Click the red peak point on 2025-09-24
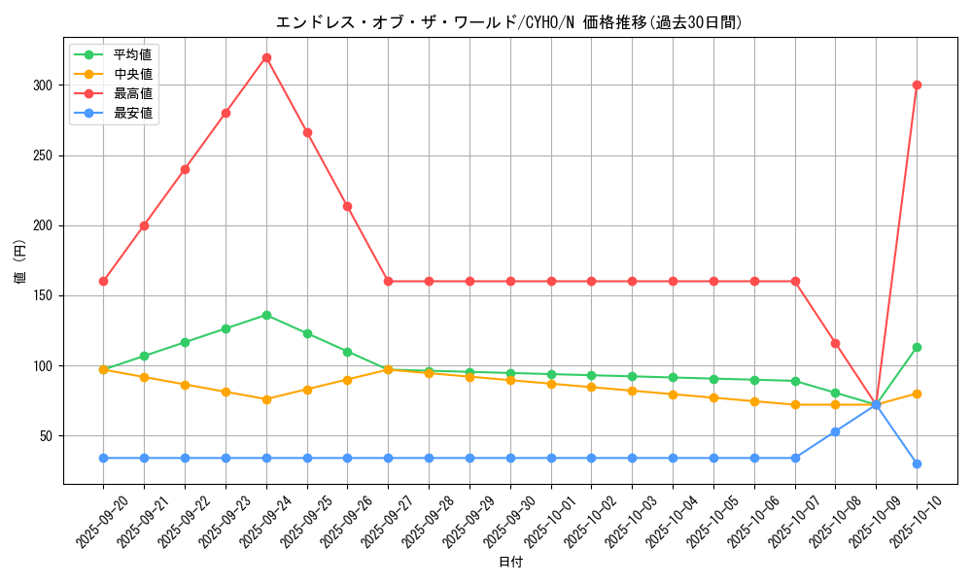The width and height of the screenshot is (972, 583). pyautogui.click(x=266, y=57)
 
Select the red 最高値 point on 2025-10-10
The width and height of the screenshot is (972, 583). pyautogui.click(x=917, y=85)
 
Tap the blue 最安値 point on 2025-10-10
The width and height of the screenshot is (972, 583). pyautogui.click(x=917, y=463)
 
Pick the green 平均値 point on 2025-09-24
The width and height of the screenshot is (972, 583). pyautogui.click(x=266, y=315)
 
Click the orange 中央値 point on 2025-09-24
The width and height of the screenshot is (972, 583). pyautogui.click(x=266, y=399)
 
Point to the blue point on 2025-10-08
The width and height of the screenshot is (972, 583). pyautogui.click(x=835, y=431)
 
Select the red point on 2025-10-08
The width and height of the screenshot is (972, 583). pyautogui.click(x=835, y=343)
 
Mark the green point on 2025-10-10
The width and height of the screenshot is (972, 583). pyautogui.click(x=917, y=347)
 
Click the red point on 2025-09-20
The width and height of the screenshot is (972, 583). pyautogui.click(x=103, y=281)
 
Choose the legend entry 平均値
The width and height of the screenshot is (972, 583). pyautogui.click(x=132, y=54)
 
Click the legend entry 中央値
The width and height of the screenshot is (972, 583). pyautogui.click(x=132, y=74)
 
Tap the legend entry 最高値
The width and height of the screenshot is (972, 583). pyautogui.click(x=132, y=93)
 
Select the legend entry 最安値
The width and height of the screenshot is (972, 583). pyautogui.click(x=132, y=113)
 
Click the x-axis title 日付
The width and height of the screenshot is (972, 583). pyautogui.click(x=510, y=563)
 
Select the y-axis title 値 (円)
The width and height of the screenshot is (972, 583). pyautogui.click(x=19, y=262)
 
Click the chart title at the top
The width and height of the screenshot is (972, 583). pyautogui.click(x=510, y=22)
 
